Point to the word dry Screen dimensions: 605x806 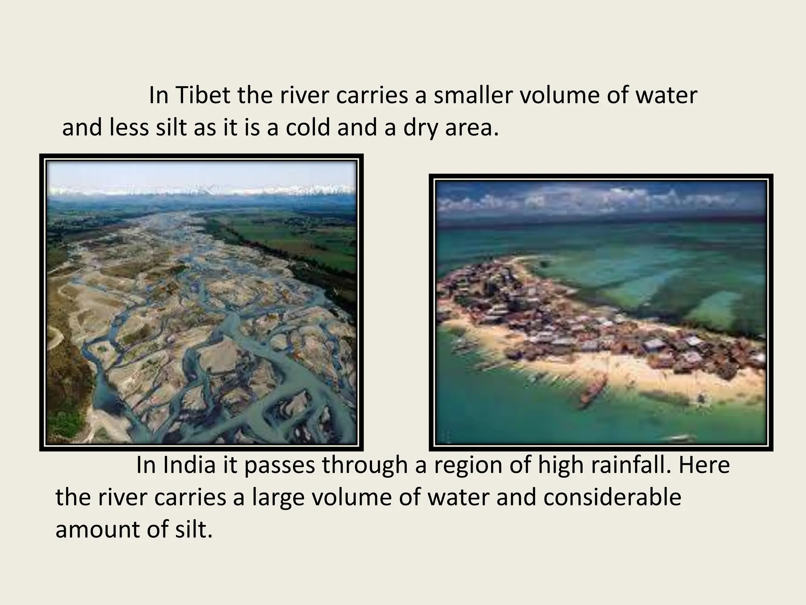(420, 128)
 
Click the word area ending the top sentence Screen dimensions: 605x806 (471, 128)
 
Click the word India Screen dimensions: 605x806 (189, 465)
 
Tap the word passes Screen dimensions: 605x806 (279, 466)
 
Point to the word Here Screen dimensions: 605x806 (704, 465)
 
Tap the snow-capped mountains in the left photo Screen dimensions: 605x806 (201, 189)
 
